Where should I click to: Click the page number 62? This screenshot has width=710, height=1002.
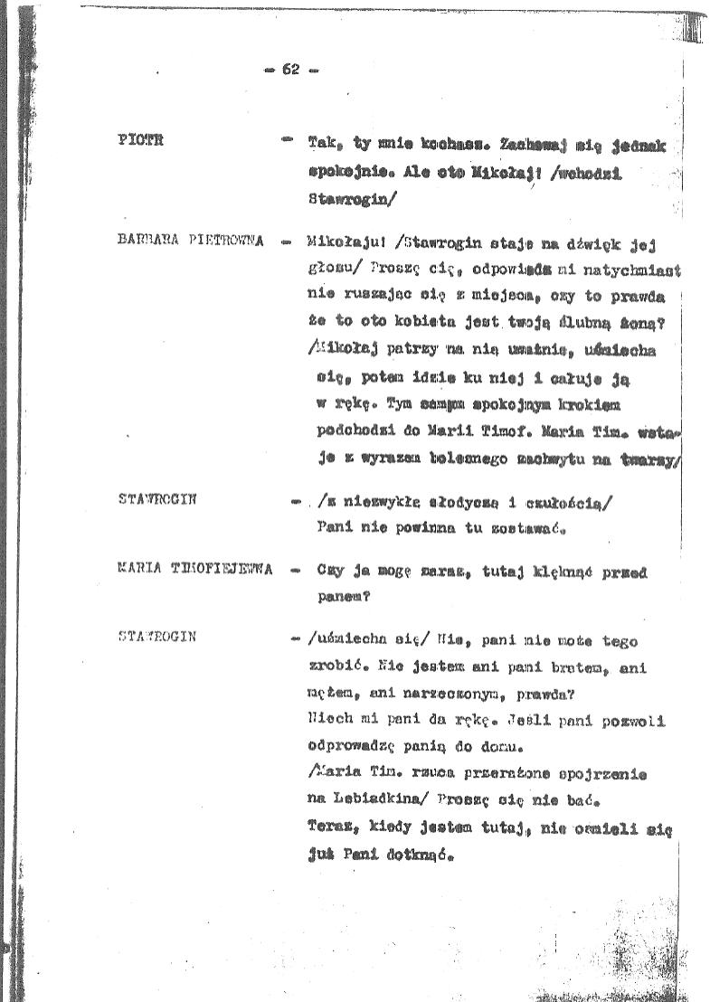290,70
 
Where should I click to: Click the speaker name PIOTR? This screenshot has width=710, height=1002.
139,139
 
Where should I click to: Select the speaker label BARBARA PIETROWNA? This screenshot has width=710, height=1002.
191,241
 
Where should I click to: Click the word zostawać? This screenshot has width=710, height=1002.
538,530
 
